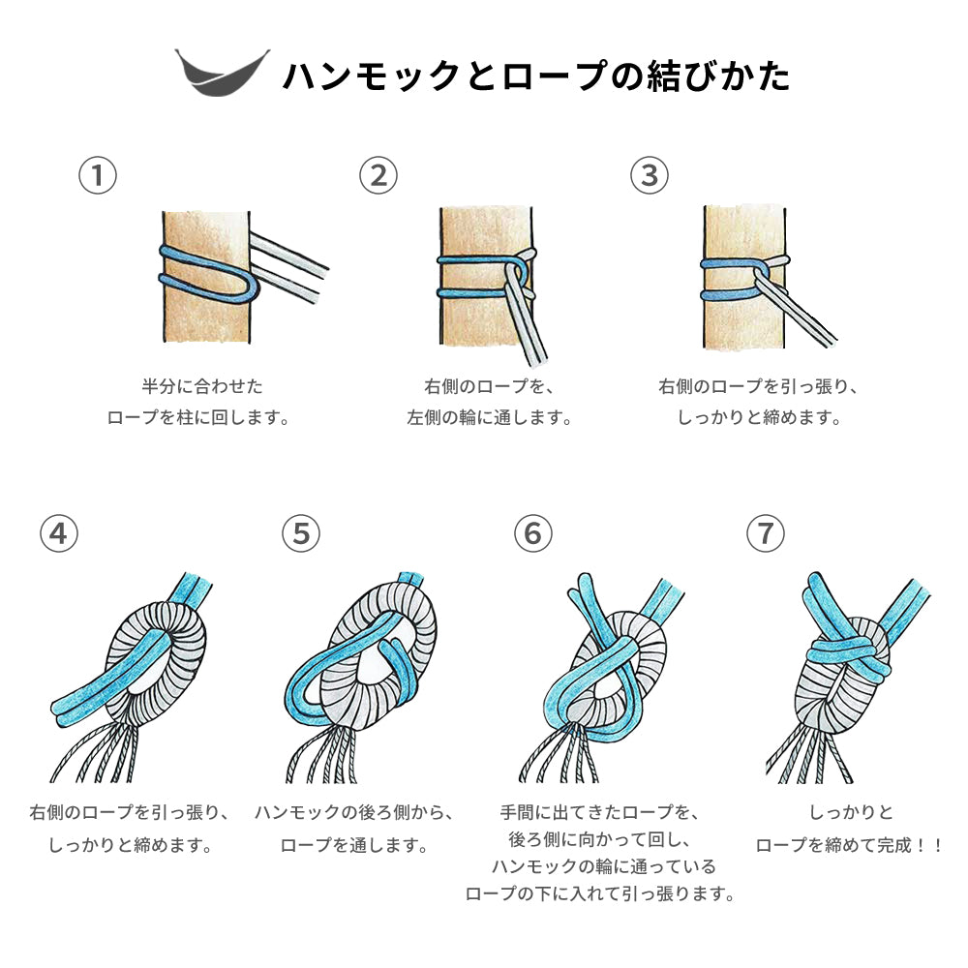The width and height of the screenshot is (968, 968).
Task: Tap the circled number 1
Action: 98,175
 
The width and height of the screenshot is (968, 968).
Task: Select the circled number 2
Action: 378,175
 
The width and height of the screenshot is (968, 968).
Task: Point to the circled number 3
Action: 649,175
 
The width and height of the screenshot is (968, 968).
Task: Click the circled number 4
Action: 59,533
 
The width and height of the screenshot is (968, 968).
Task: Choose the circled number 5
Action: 301,533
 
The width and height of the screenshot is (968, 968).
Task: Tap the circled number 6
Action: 532,533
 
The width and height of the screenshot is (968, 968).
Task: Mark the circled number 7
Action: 766,533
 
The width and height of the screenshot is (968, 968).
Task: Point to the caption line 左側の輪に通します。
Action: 490,418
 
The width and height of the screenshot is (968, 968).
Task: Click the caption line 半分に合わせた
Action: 202,386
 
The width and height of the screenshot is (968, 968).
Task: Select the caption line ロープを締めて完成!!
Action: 850,844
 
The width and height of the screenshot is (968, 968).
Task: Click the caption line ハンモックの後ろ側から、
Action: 355,812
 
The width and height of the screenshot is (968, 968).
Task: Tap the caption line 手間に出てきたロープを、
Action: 599,812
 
